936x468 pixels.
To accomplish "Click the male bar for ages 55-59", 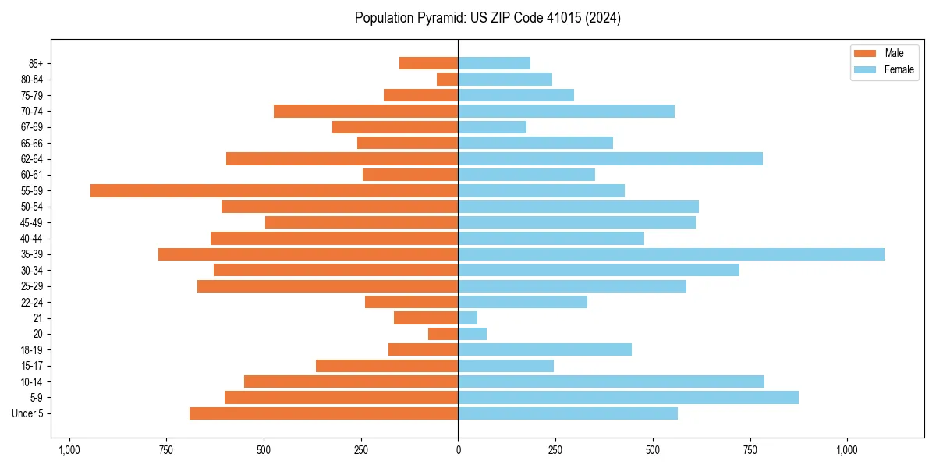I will pyautogui.click(x=274, y=190).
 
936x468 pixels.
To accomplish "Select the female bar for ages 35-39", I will pyautogui.click(x=671, y=254).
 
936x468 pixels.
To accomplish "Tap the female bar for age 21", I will pyautogui.click(x=468, y=317).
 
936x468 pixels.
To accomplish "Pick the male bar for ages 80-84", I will pyautogui.click(x=448, y=79).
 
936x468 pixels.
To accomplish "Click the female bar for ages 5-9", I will pyautogui.click(x=628, y=397).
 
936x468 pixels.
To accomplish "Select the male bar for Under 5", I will pyautogui.click(x=324, y=413).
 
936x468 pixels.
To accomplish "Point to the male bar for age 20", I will pyautogui.click(x=443, y=334).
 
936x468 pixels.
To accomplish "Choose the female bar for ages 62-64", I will pyautogui.click(x=610, y=158).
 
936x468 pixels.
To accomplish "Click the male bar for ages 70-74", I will pyautogui.click(x=366, y=111).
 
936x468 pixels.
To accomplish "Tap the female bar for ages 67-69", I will pyautogui.click(x=492, y=126).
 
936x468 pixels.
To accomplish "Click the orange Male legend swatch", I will pyautogui.click(x=865, y=53).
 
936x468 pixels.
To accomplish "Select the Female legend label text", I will pyautogui.click(x=899, y=69).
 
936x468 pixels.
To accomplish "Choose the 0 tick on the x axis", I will pyautogui.click(x=458, y=449).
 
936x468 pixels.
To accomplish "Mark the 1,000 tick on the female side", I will pyautogui.click(x=847, y=449).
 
